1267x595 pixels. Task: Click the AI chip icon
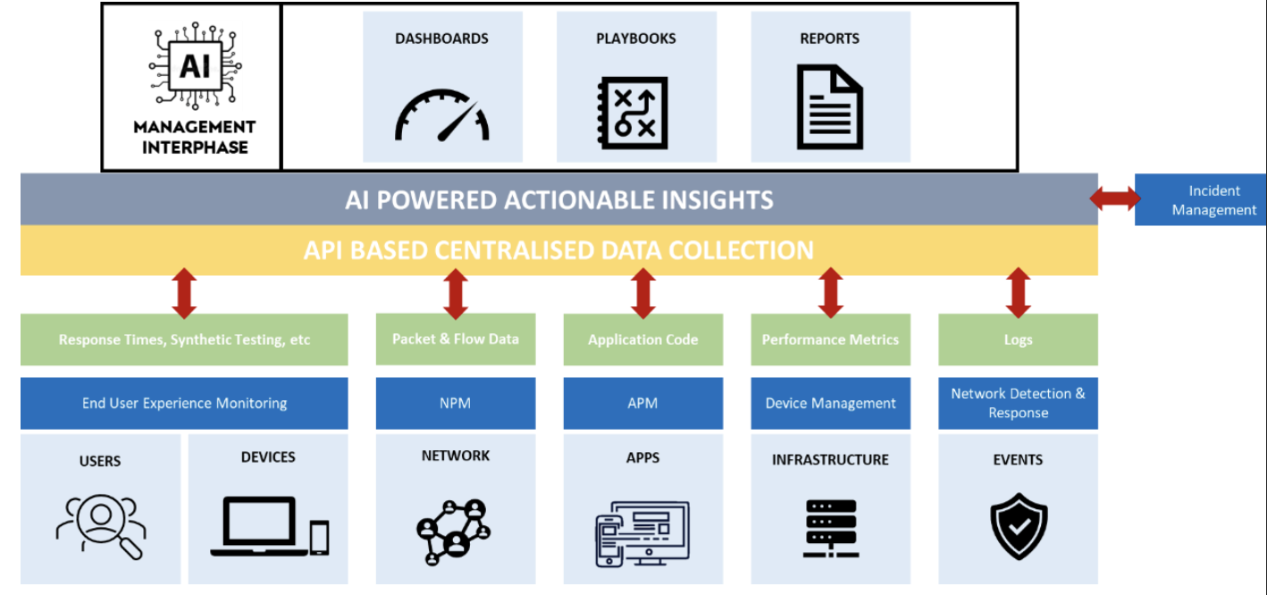click(x=195, y=65)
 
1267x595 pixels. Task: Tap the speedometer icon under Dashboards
click(x=441, y=115)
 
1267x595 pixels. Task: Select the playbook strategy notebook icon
click(x=633, y=113)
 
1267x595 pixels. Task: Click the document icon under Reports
click(x=830, y=107)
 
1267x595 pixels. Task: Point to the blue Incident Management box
click(x=1200, y=199)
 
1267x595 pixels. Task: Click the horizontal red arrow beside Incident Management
click(x=1115, y=198)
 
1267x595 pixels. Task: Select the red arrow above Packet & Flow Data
click(x=456, y=294)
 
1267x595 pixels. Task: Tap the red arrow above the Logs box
click(x=1018, y=293)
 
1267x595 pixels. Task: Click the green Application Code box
click(x=643, y=339)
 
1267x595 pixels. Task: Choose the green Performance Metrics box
click(x=830, y=339)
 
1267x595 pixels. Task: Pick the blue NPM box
click(x=456, y=403)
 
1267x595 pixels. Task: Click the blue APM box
click(x=643, y=403)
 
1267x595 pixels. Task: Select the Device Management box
click(x=830, y=403)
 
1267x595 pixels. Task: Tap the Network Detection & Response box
click(x=1018, y=403)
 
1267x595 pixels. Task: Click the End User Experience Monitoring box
click(x=184, y=403)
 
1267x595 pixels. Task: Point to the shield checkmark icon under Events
click(x=1019, y=526)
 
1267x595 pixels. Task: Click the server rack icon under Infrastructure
click(x=830, y=528)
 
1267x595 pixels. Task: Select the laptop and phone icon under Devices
click(x=270, y=526)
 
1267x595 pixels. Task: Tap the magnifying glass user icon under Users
click(x=101, y=526)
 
